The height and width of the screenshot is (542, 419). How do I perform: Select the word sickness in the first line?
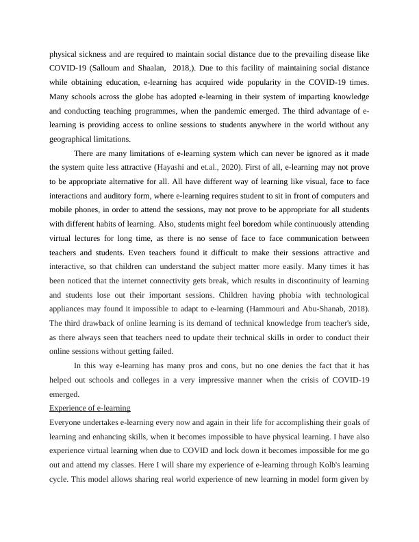(x=97, y=53)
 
